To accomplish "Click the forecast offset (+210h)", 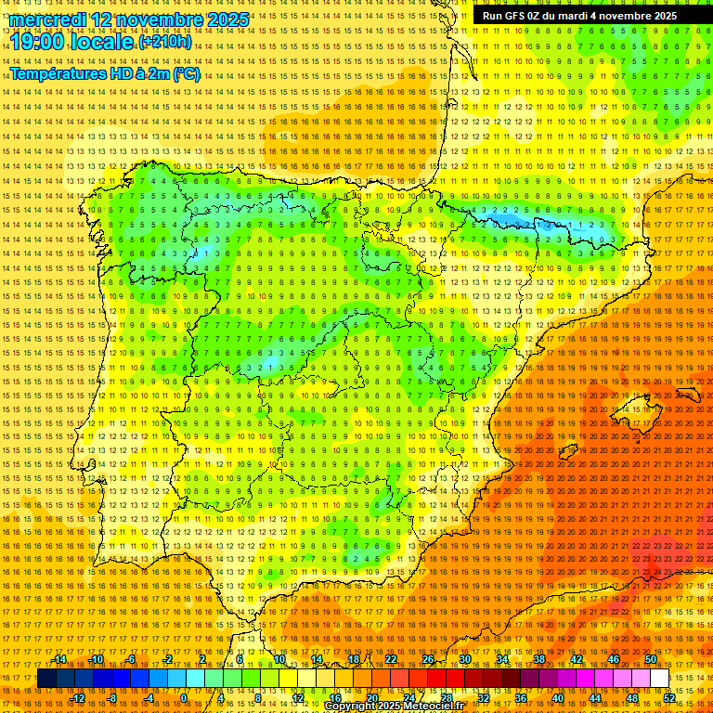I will coord(165,42).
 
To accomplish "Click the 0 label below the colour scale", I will coord(184,698).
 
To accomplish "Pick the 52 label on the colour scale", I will coord(669,698).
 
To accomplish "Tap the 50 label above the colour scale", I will coord(651,659).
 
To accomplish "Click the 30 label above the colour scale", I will coord(464,659).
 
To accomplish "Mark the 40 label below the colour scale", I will coord(558,698).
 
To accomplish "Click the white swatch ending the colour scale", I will coord(659,679).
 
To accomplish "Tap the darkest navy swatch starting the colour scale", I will coord(46,679).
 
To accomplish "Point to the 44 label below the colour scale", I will coord(595,698).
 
